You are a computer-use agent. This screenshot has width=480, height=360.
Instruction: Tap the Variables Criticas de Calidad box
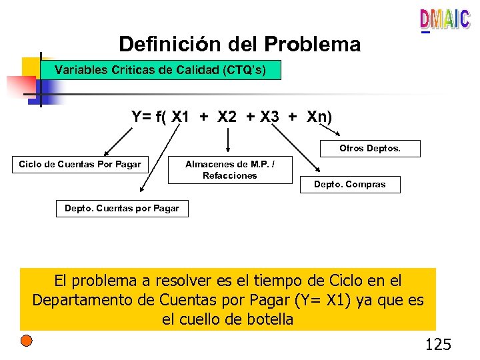click(161, 69)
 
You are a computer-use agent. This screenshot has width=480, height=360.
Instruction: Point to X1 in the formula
click(180, 117)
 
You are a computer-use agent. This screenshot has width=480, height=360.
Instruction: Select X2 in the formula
click(227, 117)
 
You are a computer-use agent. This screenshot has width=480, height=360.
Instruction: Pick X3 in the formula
click(269, 117)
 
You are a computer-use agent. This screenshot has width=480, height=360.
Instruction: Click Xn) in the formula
click(319, 117)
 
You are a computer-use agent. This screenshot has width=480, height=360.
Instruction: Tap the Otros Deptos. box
click(370, 149)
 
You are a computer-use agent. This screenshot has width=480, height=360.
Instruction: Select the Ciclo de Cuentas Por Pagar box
click(80, 164)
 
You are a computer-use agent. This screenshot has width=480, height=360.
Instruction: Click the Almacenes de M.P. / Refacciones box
click(229, 170)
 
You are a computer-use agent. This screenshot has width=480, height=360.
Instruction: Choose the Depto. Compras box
click(350, 185)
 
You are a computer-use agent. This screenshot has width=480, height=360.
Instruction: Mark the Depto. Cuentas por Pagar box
click(122, 209)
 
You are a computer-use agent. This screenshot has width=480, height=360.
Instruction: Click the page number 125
click(438, 344)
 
